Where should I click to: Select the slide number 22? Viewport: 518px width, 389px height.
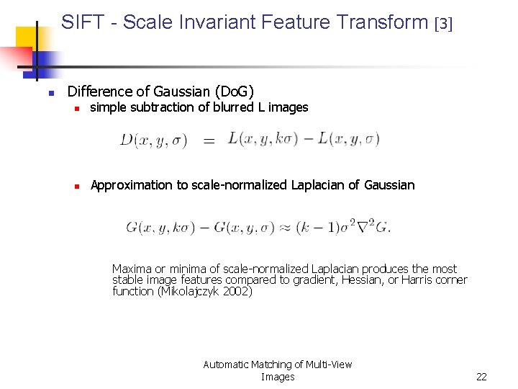click(x=481, y=377)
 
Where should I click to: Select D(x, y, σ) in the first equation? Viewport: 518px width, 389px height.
click(x=153, y=140)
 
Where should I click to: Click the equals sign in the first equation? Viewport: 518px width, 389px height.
click(x=209, y=142)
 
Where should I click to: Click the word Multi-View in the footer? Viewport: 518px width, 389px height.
click(x=329, y=365)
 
